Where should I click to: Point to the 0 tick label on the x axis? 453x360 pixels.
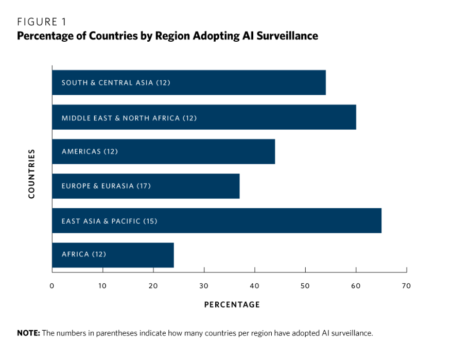(52, 286)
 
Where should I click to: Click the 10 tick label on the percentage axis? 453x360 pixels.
(102, 286)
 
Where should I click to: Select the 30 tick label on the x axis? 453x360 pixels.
(204, 286)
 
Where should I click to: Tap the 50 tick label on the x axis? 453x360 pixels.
(305, 286)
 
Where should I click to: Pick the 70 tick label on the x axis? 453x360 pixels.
(406, 286)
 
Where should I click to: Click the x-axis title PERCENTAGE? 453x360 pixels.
(232, 304)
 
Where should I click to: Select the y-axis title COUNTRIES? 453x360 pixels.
(31, 174)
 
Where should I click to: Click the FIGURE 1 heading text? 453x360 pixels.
(42, 22)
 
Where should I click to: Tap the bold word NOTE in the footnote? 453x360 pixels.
(28, 333)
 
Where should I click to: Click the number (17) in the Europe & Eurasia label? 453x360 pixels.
(144, 186)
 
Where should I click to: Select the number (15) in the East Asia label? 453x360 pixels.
(150, 221)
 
